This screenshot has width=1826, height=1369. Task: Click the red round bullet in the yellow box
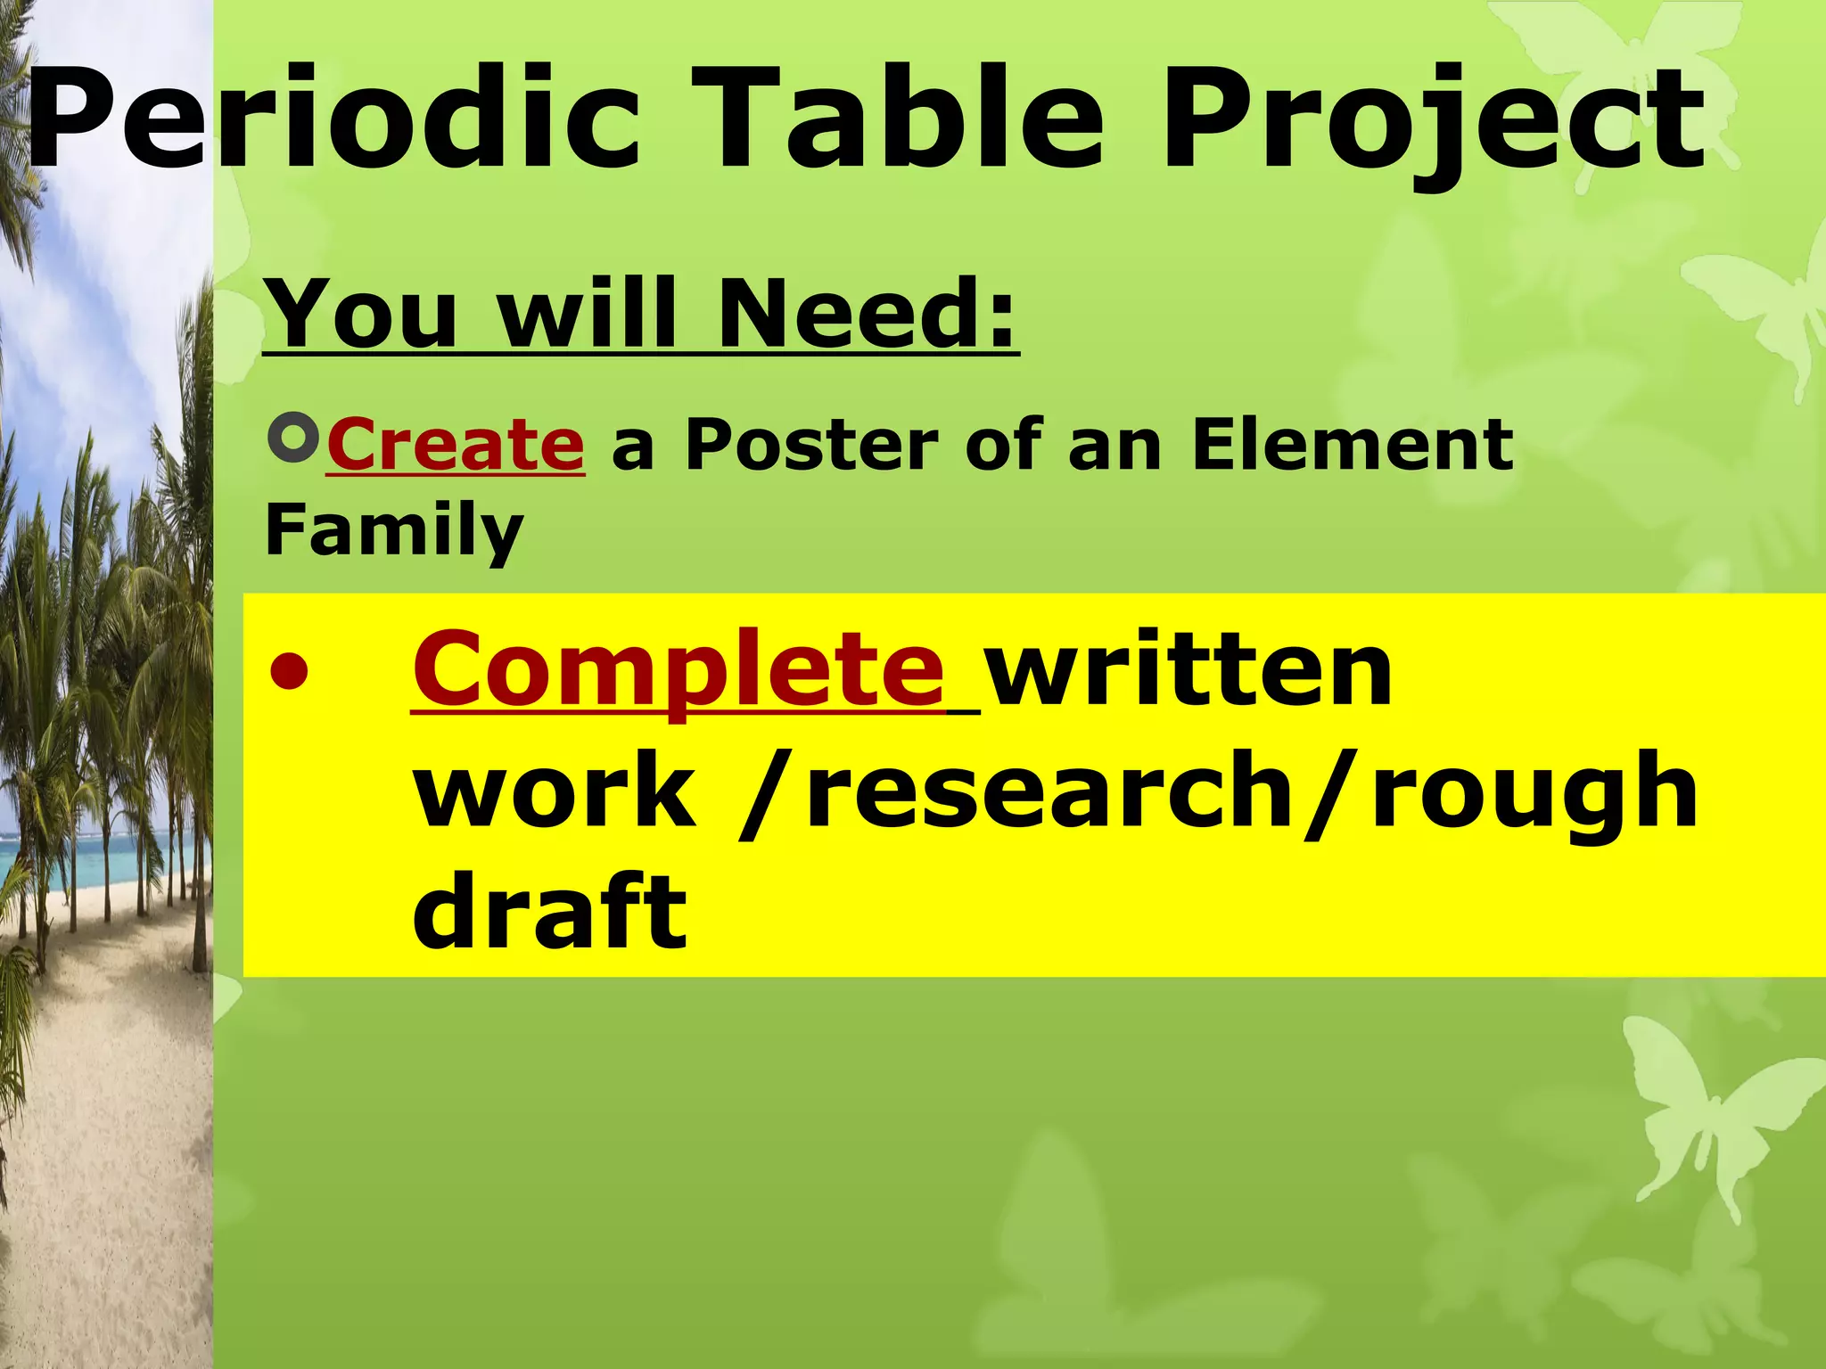[292, 670]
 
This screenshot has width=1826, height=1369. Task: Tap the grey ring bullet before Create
[293, 438]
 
